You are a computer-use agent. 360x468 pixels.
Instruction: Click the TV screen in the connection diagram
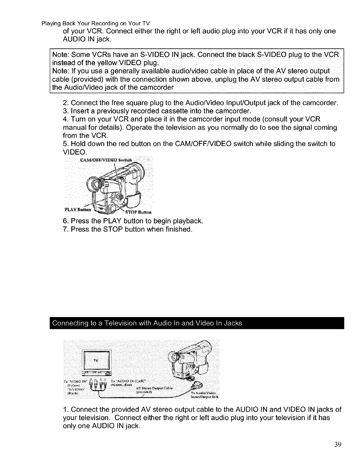pyautogui.click(x=96, y=361)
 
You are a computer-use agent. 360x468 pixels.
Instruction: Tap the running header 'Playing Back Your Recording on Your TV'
pyautogui.click(x=96, y=23)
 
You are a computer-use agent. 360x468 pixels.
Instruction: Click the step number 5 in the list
pyautogui.click(x=65, y=144)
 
